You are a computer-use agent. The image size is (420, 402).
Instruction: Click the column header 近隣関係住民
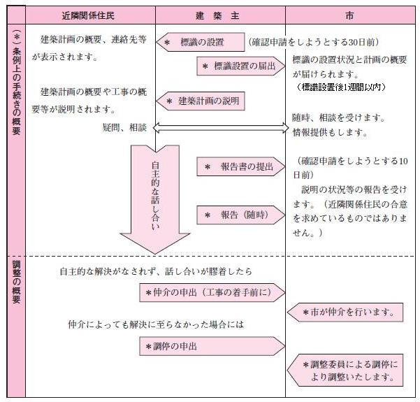pos(90,15)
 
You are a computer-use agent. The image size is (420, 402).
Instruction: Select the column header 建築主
pos(220,15)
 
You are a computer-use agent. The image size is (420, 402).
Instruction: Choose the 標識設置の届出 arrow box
pos(241,66)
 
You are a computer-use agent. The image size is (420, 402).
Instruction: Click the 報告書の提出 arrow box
pos(241,167)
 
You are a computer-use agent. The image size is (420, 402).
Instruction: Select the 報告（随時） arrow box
pos(241,215)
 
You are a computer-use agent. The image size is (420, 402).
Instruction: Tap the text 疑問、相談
pos(123,128)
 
